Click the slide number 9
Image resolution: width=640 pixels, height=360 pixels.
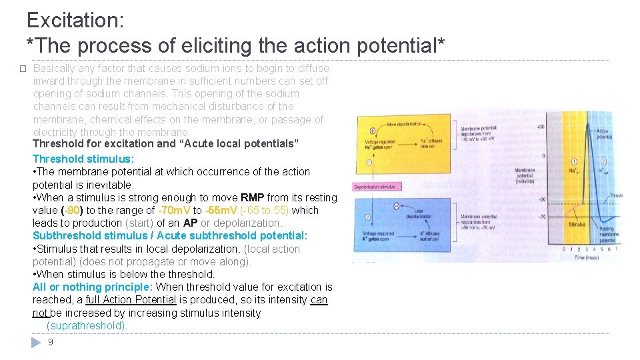(x=51, y=342)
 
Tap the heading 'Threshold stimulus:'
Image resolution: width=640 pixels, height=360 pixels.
(x=83, y=159)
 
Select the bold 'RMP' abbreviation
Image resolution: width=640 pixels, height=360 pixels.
(x=253, y=197)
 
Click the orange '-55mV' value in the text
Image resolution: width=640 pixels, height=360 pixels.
(x=221, y=210)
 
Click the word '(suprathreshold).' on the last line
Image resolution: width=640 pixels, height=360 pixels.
(x=87, y=326)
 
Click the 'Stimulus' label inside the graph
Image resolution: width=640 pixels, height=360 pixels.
(x=577, y=225)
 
